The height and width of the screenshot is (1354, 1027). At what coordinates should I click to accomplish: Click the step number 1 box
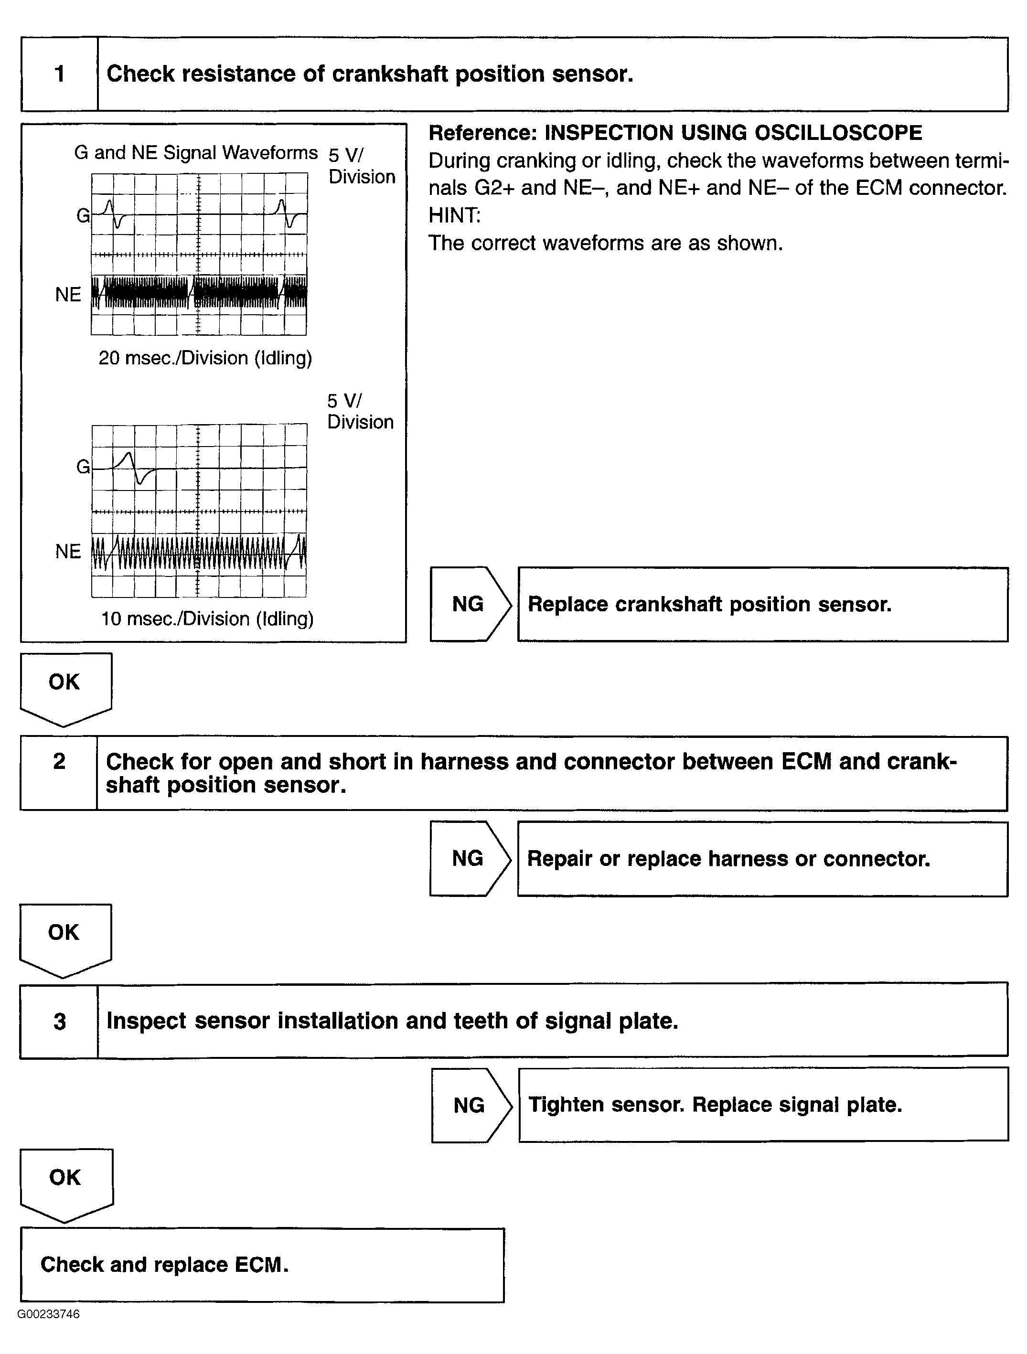coord(59,74)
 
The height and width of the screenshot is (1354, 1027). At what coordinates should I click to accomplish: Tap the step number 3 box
coord(59,1021)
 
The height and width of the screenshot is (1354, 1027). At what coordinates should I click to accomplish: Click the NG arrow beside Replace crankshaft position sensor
coord(469,604)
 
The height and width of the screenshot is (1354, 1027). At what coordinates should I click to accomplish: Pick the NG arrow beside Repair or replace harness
coord(469,858)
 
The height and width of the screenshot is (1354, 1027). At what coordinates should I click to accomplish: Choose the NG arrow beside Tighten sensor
coord(470,1105)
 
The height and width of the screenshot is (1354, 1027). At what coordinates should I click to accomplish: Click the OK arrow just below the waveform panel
coord(65,685)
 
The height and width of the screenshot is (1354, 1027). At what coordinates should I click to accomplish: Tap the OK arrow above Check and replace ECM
coord(65,1182)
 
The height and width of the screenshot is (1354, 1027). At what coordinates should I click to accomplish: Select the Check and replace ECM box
coord(262,1265)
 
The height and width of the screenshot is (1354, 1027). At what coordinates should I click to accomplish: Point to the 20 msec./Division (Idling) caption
coord(205,358)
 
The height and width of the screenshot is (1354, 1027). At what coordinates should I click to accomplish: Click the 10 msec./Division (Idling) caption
coord(207,619)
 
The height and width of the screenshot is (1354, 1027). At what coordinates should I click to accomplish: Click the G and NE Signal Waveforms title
coord(196,152)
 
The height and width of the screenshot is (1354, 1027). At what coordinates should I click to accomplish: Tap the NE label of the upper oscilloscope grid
coord(68,294)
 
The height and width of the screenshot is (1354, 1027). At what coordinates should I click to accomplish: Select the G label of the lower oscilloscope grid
coord(83,467)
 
